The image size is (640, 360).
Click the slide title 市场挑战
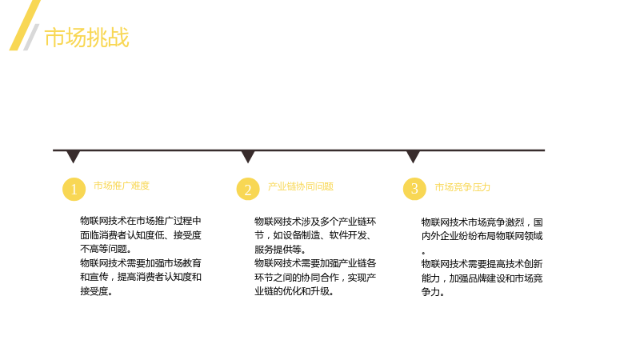[x=86, y=38]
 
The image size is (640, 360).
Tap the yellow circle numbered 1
[x=74, y=189]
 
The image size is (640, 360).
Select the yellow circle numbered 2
[x=248, y=189]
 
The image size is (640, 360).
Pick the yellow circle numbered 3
[x=414, y=189]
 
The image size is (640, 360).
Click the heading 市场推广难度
[x=122, y=186]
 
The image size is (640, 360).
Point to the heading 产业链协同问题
[x=301, y=186]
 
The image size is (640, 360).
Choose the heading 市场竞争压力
[x=462, y=187]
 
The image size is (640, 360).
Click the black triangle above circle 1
[x=74, y=156]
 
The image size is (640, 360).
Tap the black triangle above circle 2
[x=248, y=156]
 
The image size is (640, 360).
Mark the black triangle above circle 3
[x=413, y=156]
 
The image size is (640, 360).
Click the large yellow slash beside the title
[x=25, y=25]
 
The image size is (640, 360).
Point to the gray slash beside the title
[x=31, y=37]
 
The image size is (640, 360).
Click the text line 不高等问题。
[x=106, y=249]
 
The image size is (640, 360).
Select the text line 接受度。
[x=96, y=291]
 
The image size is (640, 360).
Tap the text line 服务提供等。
[x=279, y=250]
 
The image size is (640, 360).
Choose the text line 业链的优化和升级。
[x=294, y=291]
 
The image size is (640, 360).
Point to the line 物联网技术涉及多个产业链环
[x=315, y=222]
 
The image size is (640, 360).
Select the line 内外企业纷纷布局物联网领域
[x=482, y=236]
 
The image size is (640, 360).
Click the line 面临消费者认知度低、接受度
[x=141, y=235]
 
